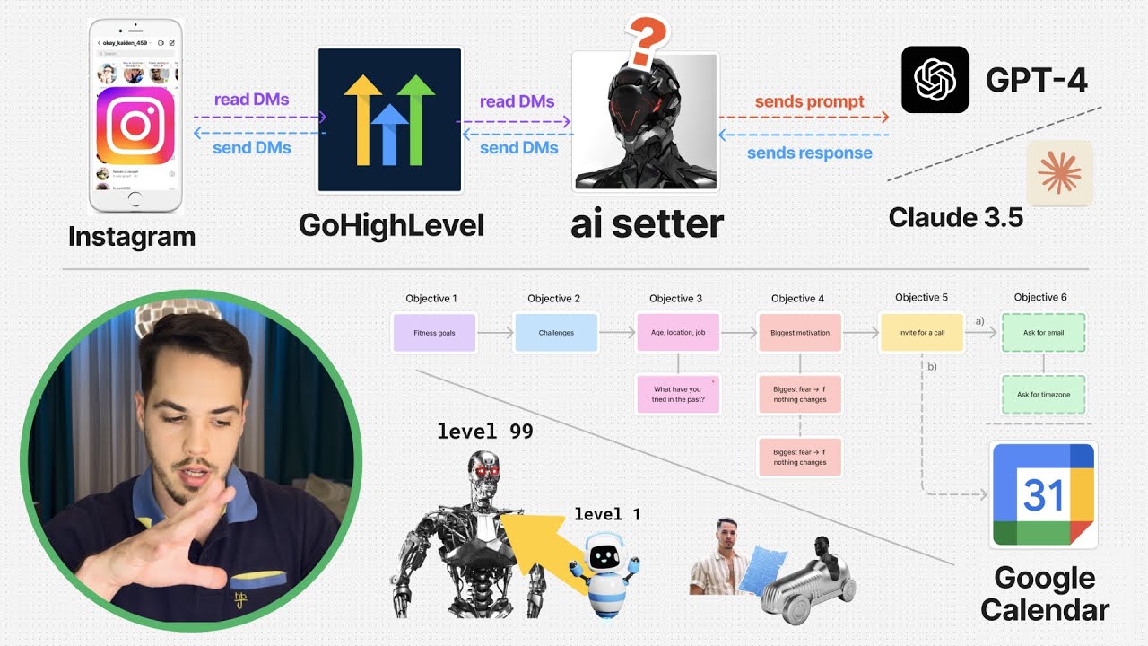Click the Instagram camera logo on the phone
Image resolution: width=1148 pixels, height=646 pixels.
point(135,126)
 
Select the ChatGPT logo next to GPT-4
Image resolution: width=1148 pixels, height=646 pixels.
point(935,80)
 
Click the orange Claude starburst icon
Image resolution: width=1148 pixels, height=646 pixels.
point(1059,173)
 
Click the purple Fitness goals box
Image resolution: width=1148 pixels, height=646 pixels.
point(434,333)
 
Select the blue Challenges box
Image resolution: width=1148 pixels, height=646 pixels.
point(556,333)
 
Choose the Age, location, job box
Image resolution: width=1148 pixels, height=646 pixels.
point(678,333)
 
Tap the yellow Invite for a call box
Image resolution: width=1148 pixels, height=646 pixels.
point(921,333)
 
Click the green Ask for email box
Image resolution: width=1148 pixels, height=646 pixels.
point(1043,333)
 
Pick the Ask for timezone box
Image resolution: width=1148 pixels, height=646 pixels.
point(1043,395)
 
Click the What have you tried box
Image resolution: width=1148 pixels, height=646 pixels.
point(678,395)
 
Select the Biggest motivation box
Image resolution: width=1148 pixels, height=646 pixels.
point(800,333)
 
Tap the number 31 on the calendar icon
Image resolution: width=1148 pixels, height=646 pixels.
point(1042,495)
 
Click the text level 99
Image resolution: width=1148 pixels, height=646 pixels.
point(485,432)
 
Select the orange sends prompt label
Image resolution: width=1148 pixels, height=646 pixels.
point(809,101)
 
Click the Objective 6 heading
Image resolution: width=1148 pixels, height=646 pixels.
point(1040,297)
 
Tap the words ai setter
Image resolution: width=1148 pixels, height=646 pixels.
point(647,224)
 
